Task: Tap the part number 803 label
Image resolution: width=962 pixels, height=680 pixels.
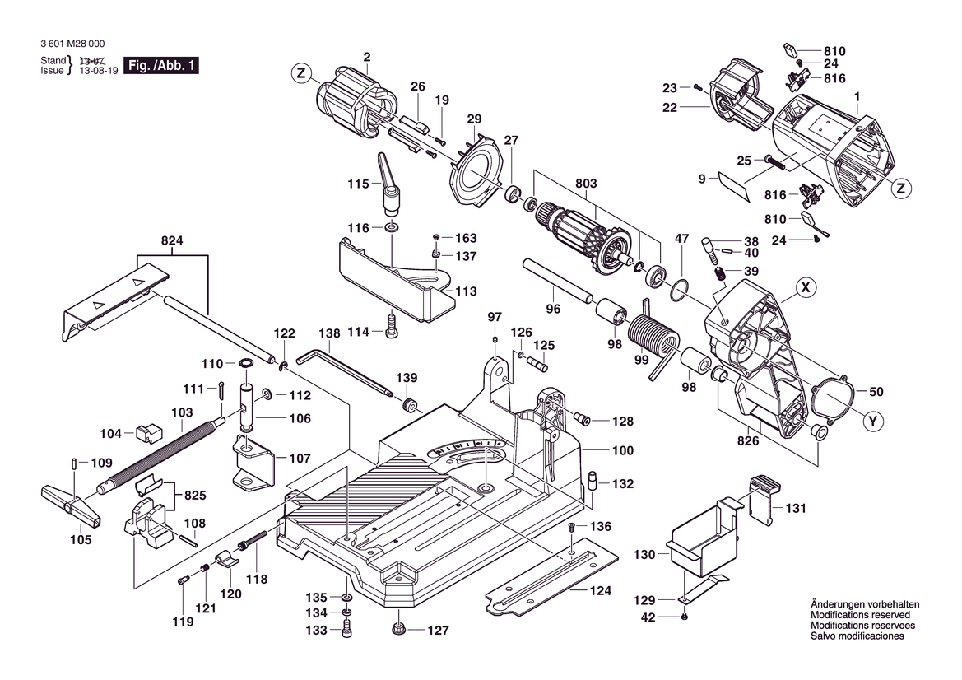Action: coord(586,184)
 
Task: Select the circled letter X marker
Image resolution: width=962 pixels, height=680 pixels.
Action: coord(807,287)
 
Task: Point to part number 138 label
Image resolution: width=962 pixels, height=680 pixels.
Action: coord(329,334)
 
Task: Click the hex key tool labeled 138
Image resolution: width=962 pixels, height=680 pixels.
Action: coord(346,370)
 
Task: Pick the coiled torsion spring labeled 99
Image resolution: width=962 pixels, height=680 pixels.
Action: coord(653,338)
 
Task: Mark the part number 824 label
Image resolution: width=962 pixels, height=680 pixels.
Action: coord(172,240)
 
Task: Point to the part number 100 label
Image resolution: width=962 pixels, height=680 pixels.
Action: coord(622,451)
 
